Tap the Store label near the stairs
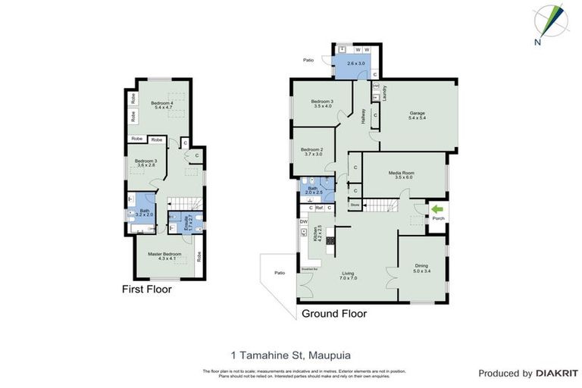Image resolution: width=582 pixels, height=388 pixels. [354, 205]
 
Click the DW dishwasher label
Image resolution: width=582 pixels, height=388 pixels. [303, 221]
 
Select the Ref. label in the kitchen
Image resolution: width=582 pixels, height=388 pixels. [319, 208]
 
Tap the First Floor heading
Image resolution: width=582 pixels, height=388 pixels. [147, 289]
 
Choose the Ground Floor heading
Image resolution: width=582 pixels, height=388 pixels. [334, 313]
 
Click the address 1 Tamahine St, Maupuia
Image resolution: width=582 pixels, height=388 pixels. [291, 354]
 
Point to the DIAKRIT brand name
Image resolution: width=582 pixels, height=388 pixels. [556, 374]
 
